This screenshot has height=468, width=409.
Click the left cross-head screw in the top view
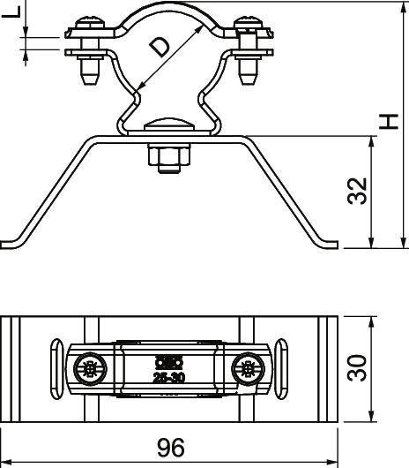[x=89, y=366]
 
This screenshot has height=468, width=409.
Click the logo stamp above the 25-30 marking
[x=166, y=360]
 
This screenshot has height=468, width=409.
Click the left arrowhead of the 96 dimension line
[x=6, y=460]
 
